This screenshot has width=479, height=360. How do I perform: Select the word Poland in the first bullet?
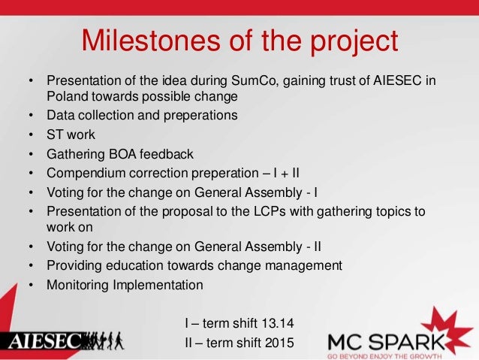[69, 97]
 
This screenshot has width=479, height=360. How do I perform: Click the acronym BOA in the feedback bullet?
[122, 155]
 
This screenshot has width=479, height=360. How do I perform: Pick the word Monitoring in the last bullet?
[80, 285]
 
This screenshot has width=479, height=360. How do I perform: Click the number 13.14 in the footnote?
[279, 324]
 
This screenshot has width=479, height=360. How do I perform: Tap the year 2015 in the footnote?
[280, 343]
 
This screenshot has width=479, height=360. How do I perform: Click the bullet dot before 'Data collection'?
[31, 116]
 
